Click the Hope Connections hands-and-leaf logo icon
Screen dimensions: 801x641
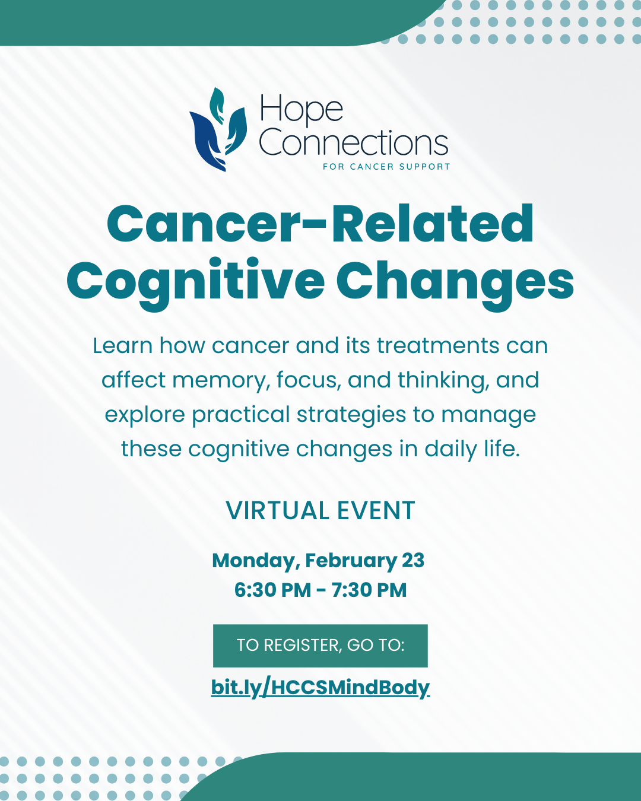click(x=217, y=130)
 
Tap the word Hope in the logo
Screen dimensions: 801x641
click(x=302, y=110)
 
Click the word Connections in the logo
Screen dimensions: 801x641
click(x=353, y=143)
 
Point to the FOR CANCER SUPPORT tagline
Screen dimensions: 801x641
click(x=386, y=167)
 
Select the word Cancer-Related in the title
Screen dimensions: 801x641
click(x=320, y=224)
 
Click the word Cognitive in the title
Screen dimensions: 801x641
click(x=195, y=282)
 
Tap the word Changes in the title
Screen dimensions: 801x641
click(x=455, y=282)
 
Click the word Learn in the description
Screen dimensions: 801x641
click(x=122, y=346)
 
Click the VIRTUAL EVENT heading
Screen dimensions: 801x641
click(x=320, y=511)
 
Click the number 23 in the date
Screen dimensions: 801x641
click(x=413, y=561)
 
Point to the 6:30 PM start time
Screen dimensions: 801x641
click(x=272, y=590)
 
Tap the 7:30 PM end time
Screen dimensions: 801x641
click(x=369, y=590)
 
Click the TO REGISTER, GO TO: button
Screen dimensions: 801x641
click(x=320, y=646)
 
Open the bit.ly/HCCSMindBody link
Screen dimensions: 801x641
click(x=320, y=687)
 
